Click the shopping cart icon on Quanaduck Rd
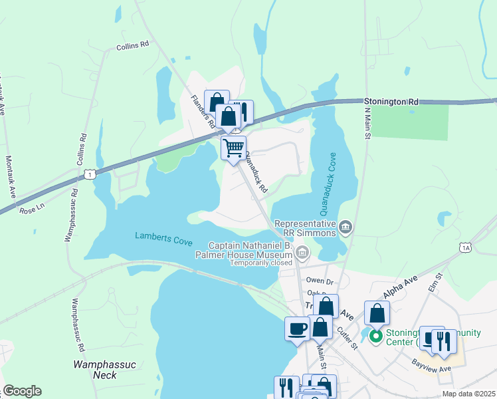pos(233,147)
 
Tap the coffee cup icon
pos(297,328)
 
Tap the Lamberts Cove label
pos(163,235)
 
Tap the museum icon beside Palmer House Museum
pos(302,252)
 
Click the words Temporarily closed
pos(262,263)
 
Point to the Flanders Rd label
pos(202,111)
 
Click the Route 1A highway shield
pos(465,247)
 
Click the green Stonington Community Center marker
pos(375,337)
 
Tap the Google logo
pos(22,391)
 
